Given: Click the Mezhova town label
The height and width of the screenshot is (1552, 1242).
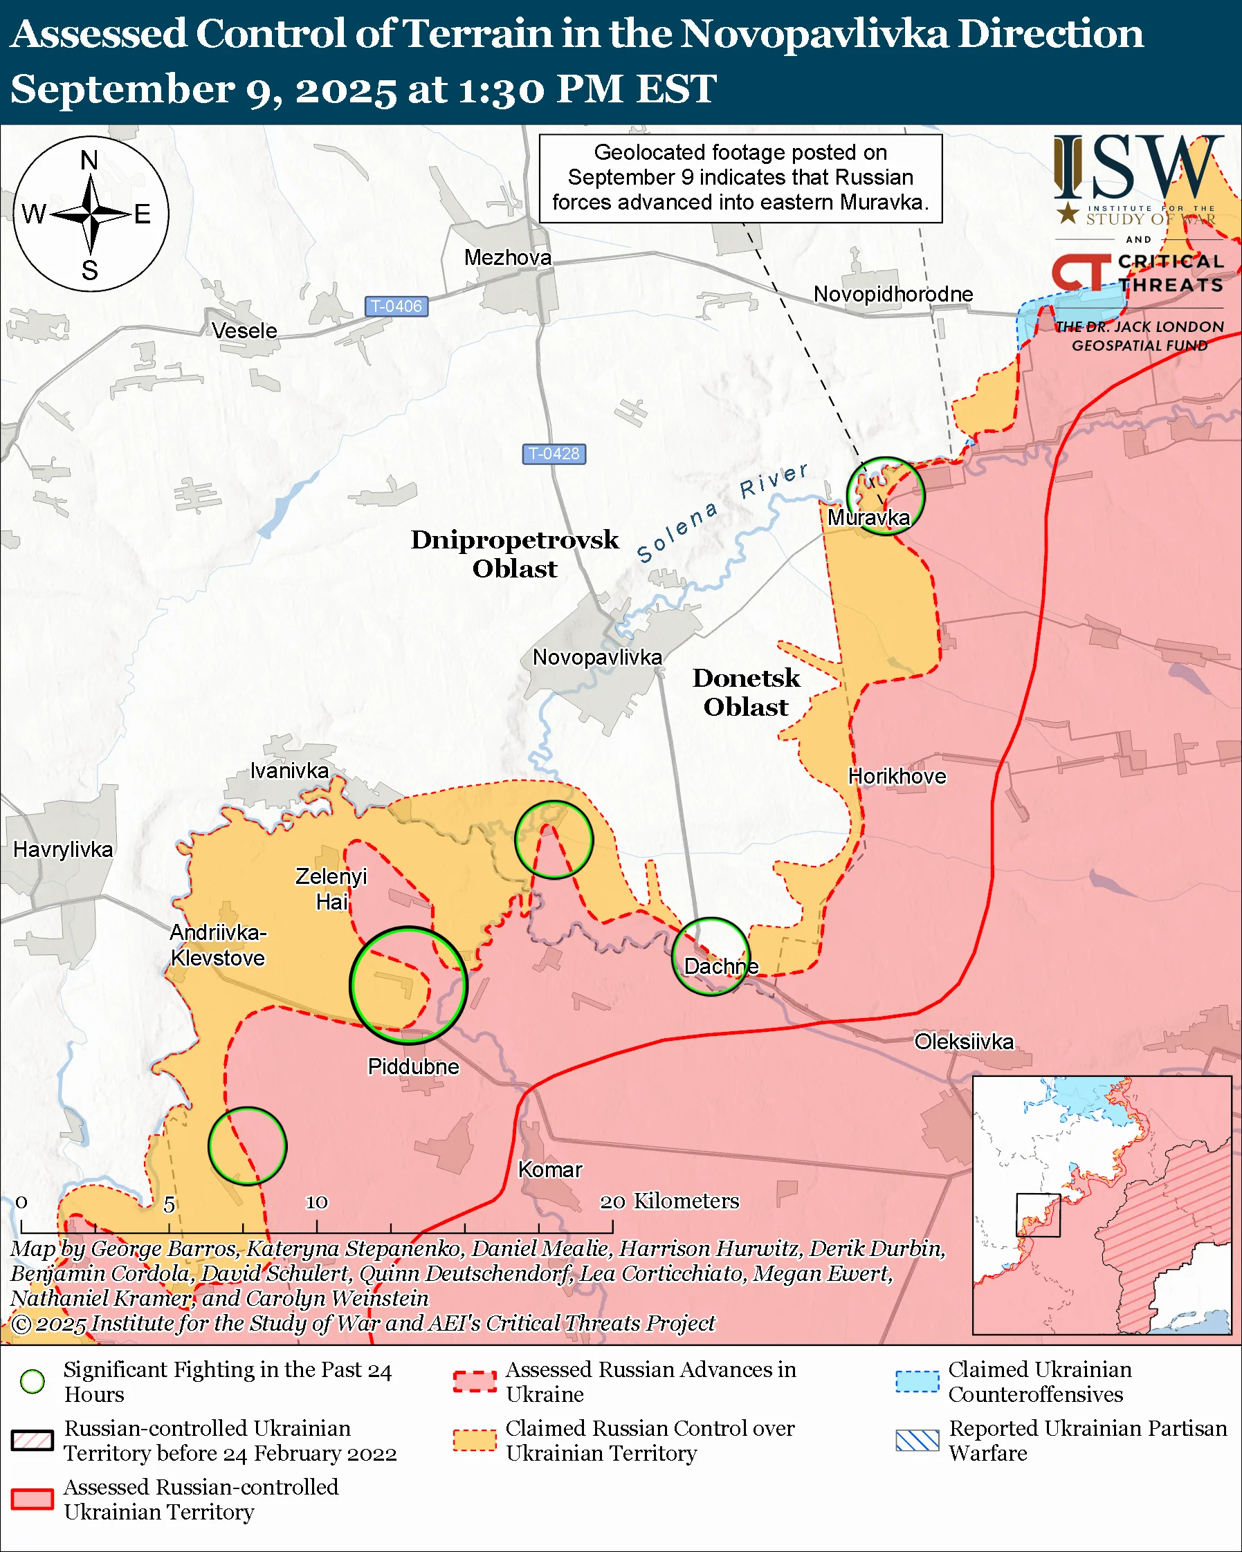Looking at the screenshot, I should click(508, 257).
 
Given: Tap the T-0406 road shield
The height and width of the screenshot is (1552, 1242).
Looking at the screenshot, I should click(396, 306).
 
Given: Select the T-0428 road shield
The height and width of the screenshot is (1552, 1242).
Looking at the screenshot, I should click(554, 454).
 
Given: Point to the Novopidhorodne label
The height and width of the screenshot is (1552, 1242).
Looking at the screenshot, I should click(893, 294).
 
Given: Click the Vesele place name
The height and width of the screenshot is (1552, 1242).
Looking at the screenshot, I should click(244, 331).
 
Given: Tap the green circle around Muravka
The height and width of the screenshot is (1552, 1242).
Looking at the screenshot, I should click(885, 495).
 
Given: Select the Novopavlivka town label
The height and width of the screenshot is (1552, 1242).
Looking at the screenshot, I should click(597, 657).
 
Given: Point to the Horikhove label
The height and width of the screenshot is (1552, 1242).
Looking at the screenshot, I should click(897, 776).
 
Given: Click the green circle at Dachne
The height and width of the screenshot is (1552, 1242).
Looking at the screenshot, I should click(711, 956).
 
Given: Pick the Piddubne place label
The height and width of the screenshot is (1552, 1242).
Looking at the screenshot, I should click(412, 1066).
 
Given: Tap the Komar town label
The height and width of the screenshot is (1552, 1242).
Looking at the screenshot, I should click(550, 1170).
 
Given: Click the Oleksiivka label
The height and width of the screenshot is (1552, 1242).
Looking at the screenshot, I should click(963, 1041).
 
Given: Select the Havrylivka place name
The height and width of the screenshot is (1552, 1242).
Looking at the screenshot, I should click(63, 849).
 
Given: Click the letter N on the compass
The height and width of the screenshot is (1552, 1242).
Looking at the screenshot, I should click(89, 160).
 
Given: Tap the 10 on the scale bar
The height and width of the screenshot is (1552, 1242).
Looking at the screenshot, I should click(317, 1202).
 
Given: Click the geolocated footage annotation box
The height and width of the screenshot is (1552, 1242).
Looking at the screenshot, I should click(740, 178).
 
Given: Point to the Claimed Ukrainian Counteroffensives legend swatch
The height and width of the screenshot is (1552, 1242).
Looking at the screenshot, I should click(917, 1381).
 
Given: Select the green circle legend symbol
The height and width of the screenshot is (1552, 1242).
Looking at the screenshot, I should click(33, 1381).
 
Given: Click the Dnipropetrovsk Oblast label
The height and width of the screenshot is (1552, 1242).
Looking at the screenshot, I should click(514, 553).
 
